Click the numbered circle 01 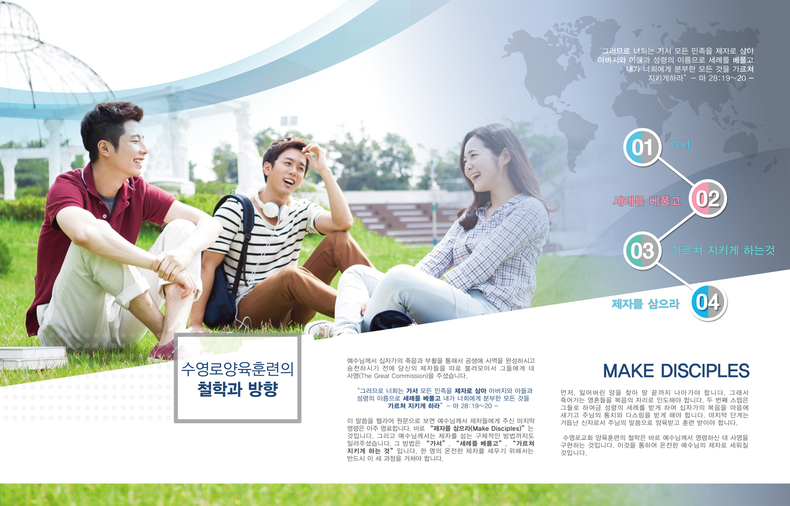tap(641, 147)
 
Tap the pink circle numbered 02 tap(708, 198)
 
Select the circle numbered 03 tap(642, 251)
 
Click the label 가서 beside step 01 tap(679, 145)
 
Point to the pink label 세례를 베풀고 tap(647, 201)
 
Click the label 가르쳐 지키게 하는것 tap(723, 250)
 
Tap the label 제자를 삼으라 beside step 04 tap(645, 304)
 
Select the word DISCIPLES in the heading tap(705, 371)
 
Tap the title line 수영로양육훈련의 tap(237, 369)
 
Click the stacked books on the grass tap(33, 357)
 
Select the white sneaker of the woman tap(319, 329)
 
